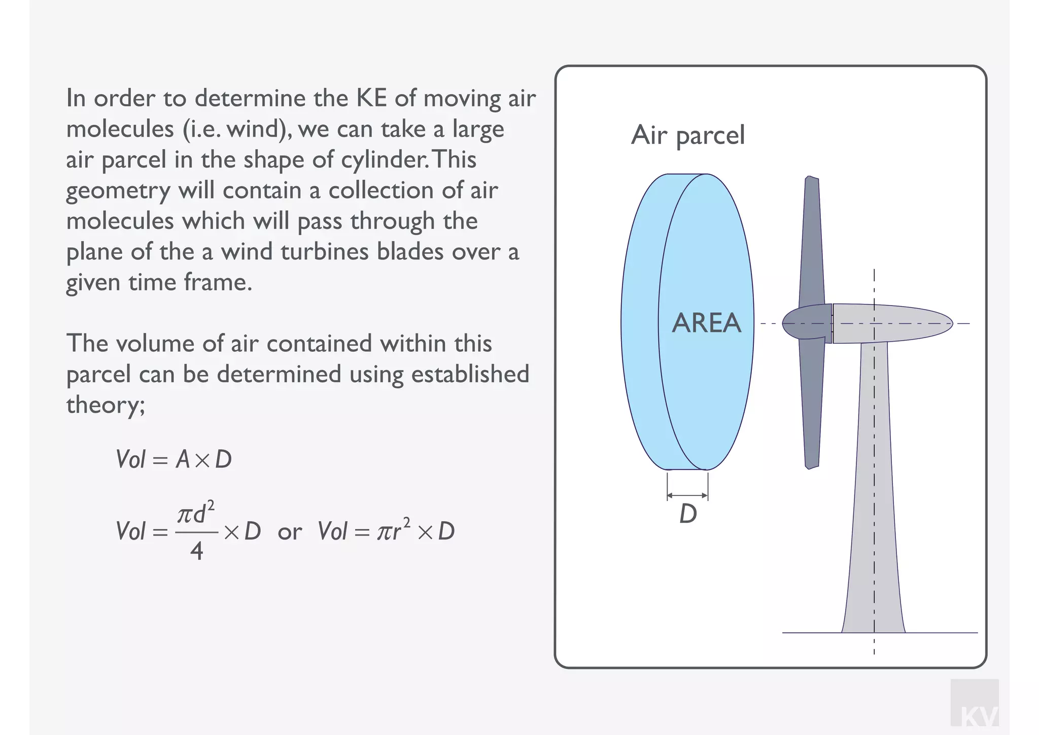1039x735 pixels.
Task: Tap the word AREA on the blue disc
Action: (706, 323)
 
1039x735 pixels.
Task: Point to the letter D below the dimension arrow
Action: (688, 514)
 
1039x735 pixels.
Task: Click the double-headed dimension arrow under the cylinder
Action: (687, 495)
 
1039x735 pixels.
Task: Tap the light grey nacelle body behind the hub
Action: (893, 323)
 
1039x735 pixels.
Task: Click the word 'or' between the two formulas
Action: (290, 532)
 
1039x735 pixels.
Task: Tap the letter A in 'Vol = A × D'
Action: (182, 460)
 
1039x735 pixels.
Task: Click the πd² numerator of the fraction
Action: (196, 514)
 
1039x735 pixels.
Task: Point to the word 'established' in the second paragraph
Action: (470, 375)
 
